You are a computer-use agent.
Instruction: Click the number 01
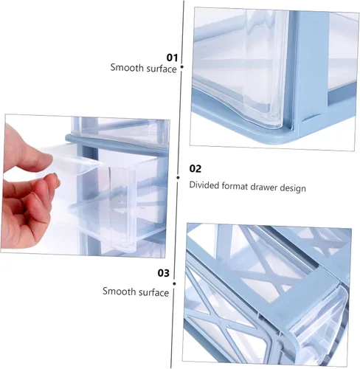pyautogui.click(x=172, y=58)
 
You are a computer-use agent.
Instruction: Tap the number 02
pyautogui.click(x=195, y=169)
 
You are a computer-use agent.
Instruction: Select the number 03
pyautogui.click(x=164, y=273)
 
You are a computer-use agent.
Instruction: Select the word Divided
pyautogui.click(x=204, y=185)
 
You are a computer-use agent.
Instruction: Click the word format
pyautogui.click(x=235, y=186)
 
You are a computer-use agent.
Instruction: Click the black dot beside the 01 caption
pyautogui.click(x=182, y=67)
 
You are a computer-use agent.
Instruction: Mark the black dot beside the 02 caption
pyautogui.click(x=178, y=177)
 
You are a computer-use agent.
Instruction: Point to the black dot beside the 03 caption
pyautogui.click(x=174, y=283)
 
